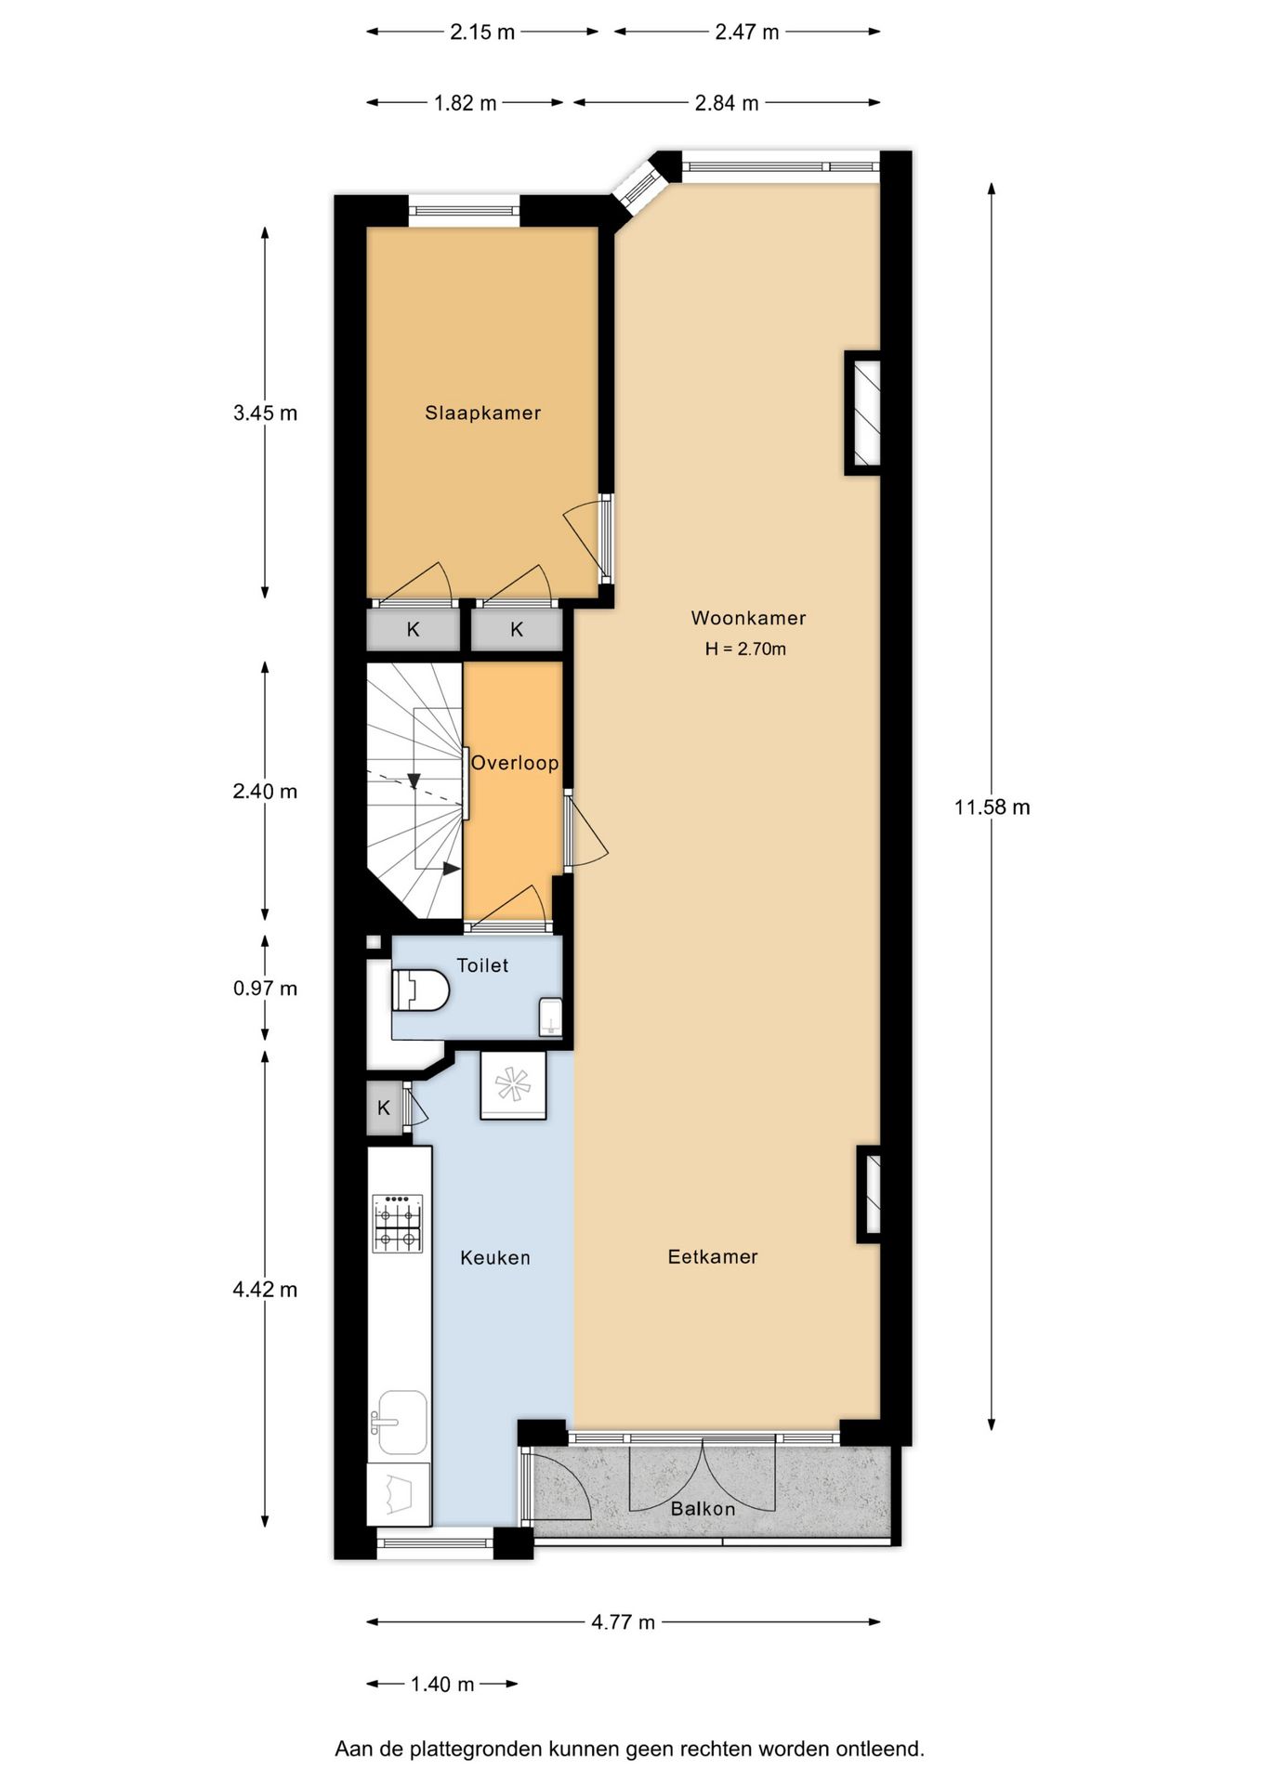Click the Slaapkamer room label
pyautogui.click(x=482, y=413)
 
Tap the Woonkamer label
pyautogui.click(x=748, y=618)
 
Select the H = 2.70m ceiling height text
pyautogui.click(x=745, y=649)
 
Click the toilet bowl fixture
pyautogui.click(x=420, y=990)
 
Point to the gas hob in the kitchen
pyautogui.click(x=398, y=1224)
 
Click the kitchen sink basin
pyautogui.click(x=401, y=1422)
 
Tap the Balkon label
pyautogui.click(x=703, y=1509)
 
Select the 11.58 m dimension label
pyautogui.click(x=992, y=807)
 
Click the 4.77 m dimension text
pyautogui.click(x=623, y=1622)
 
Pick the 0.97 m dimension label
pyautogui.click(x=265, y=989)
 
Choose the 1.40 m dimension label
pyautogui.click(x=442, y=1685)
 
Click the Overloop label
pyautogui.click(x=515, y=763)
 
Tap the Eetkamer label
pyautogui.click(x=713, y=1257)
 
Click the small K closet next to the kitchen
pyautogui.click(x=384, y=1108)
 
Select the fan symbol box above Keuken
pyautogui.click(x=513, y=1084)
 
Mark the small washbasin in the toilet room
pyautogui.click(x=551, y=1017)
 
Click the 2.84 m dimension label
pyautogui.click(x=727, y=103)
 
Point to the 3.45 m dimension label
pyautogui.click(x=265, y=413)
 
